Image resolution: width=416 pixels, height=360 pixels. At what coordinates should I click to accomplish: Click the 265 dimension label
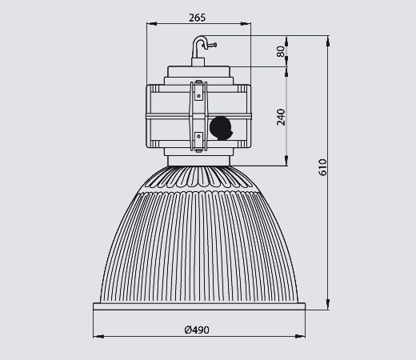(198, 18)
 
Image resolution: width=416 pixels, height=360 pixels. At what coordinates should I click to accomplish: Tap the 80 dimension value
(281, 51)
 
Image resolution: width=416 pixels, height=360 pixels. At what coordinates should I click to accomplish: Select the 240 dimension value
(281, 117)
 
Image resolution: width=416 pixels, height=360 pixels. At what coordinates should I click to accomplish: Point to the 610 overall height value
(322, 167)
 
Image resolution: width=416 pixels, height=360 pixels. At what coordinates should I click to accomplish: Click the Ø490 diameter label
(197, 330)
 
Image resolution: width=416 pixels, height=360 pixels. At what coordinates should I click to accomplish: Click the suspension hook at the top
(198, 47)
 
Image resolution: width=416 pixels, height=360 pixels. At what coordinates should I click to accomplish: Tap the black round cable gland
(221, 128)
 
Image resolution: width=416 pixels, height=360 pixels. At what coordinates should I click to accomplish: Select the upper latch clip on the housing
(198, 90)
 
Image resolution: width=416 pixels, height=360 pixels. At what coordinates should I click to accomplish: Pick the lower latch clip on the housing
(198, 142)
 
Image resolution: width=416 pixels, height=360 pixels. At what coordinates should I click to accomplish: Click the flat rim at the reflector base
(199, 306)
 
